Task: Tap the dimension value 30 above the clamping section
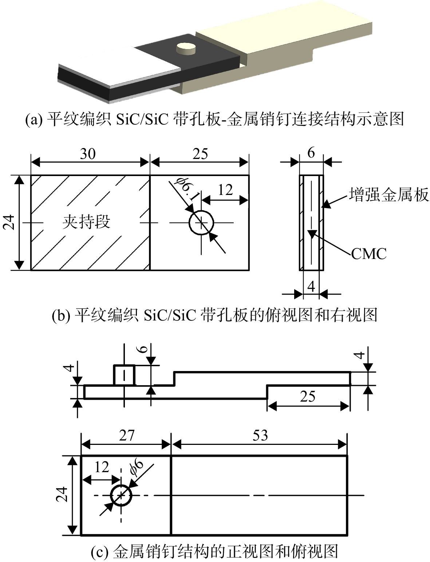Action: coord(88,154)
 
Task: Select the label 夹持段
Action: coord(86,222)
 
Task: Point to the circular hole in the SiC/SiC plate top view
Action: coord(201,223)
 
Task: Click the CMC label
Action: coord(369,254)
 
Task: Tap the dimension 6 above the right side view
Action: coord(311,153)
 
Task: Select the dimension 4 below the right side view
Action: coord(311,287)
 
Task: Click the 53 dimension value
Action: coord(260,435)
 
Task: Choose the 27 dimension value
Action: coord(127,435)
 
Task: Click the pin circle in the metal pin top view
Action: coord(121,495)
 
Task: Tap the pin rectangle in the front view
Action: coord(124,375)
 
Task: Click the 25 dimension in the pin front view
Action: coord(308,396)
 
